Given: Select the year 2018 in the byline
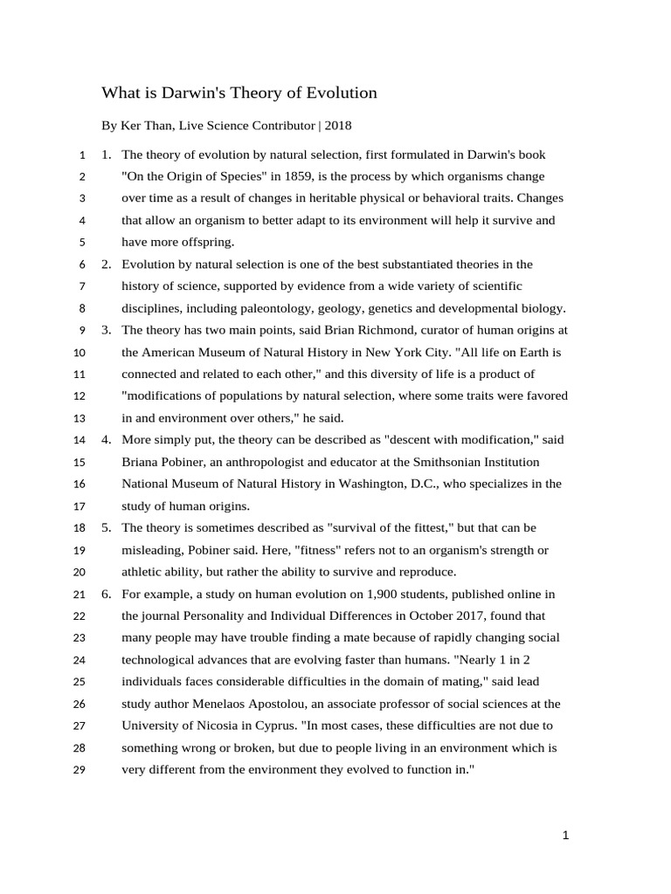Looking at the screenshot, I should point(340,126).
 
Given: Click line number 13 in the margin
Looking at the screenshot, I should point(80,418).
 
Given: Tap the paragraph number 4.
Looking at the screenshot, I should point(105,440).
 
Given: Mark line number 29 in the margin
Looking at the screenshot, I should point(80,770).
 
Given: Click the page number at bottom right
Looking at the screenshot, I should point(565,836).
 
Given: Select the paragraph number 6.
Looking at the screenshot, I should point(105,594).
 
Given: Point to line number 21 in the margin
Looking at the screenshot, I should point(80,595).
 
